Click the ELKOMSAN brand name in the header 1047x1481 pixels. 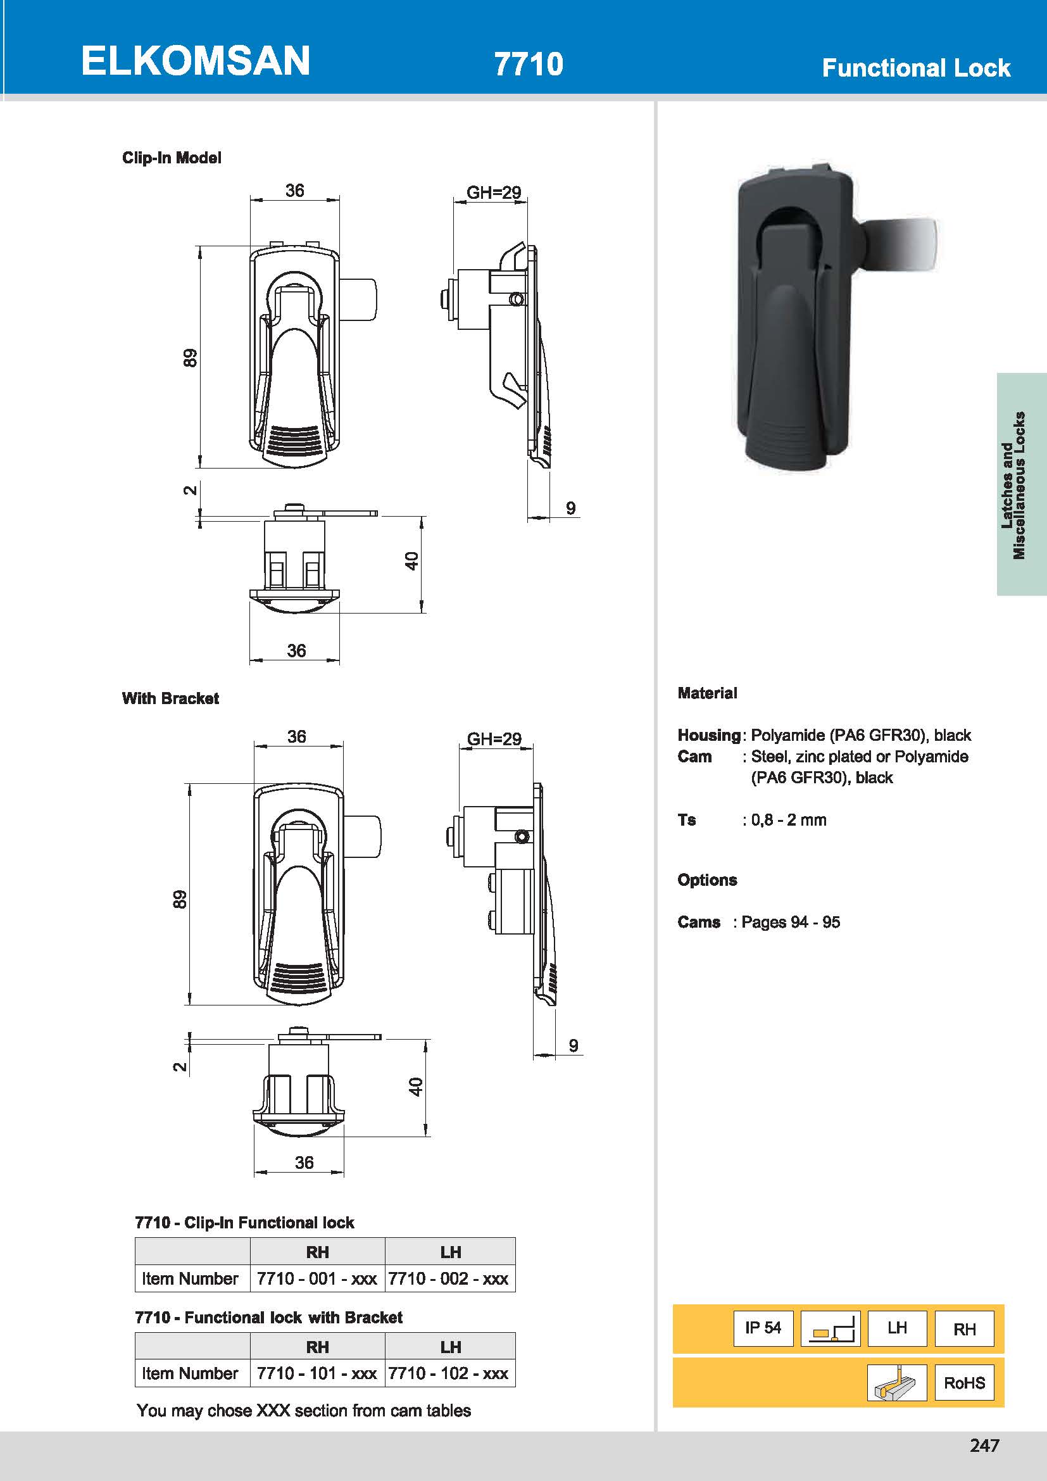pos(196,61)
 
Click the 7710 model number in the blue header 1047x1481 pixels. pos(528,64)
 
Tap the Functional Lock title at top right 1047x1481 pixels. pos(915,68)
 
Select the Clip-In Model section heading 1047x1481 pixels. pos(172,158)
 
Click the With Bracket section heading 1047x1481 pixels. pos(170,698)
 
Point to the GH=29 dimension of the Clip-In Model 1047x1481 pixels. pos(493,192)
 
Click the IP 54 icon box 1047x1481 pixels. pos(763,1328)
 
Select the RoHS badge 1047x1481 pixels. pos(964,1382)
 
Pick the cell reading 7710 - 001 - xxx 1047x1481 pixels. pos(317,1278)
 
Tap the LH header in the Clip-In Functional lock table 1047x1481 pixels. pos(450,1252)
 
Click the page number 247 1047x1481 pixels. pos(984,1446)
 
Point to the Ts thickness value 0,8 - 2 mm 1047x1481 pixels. pos(788,820)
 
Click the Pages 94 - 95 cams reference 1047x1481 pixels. pos(791,922)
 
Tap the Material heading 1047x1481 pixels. pos(707,693)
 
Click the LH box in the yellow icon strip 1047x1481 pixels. pos(897,1328)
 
